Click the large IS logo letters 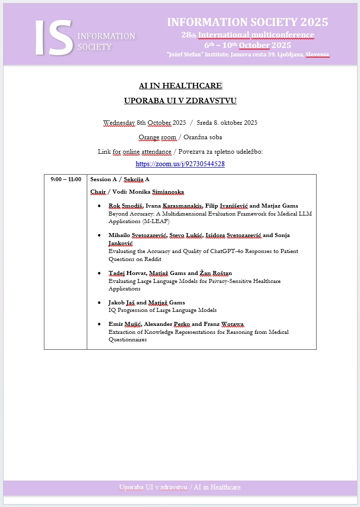point(54,38)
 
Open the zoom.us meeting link point(180,164)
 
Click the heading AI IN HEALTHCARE point(180,86)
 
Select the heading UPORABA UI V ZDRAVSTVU point(180,101)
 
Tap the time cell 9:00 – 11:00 point(65,179)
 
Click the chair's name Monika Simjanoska point(155,192)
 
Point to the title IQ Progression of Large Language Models point(163,310)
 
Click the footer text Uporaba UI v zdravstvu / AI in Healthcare point(180,487)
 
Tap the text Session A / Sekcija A point(120,179)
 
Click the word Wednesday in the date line point(119,123)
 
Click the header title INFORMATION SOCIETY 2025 point(247,22)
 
